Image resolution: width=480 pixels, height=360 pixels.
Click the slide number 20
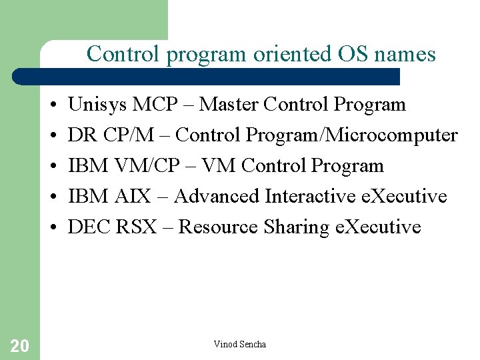point(19,345)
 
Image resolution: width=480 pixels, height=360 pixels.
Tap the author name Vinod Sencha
point(239,344)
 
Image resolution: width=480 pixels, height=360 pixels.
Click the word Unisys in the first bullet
point(98,105)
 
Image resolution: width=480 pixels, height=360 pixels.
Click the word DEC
point(89,227)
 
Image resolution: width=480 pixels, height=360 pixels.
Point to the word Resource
point(219,227)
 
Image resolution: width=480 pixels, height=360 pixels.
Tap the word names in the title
point(407,53)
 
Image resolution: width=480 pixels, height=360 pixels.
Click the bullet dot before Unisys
point(53,105)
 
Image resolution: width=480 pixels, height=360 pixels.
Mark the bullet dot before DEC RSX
point(53,228)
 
